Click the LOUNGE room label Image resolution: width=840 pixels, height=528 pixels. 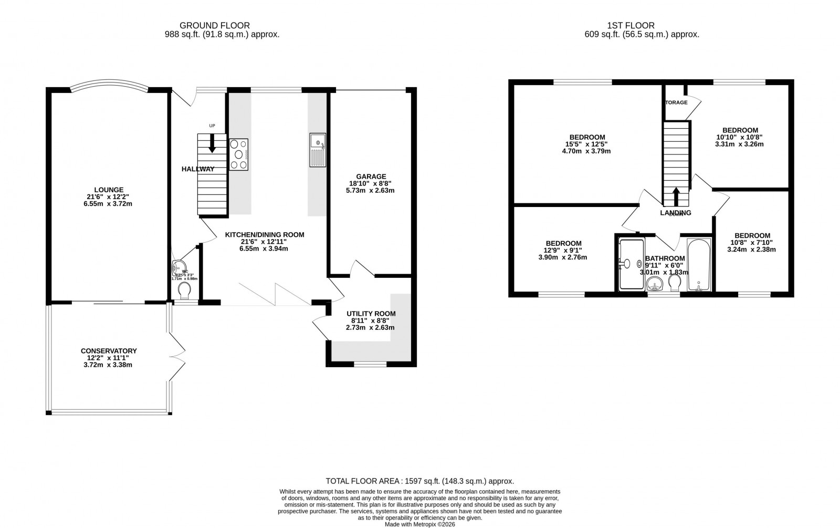point(109,190)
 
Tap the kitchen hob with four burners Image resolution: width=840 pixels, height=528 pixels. point(238,154)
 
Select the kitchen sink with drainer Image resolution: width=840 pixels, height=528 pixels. point(318,150)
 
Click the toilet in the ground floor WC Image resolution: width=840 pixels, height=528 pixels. point(184,289)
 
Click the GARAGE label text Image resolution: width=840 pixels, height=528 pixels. point(371,177)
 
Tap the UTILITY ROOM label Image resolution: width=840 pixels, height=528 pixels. point(371,314)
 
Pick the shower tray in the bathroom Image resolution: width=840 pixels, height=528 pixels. point(631,264)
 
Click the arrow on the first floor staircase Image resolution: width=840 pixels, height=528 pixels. point(676,196)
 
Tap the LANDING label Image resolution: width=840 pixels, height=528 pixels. point(676,213)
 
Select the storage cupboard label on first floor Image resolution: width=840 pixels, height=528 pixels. point(676,102)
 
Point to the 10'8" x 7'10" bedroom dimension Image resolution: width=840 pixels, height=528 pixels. point(752,243)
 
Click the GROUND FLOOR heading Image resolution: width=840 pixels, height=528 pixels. point(214,25)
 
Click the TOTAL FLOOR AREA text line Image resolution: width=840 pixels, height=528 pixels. point(419,481)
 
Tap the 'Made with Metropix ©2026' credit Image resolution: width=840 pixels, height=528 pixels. point(419,524)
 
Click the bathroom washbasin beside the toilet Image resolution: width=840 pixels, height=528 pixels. point(654,285)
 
